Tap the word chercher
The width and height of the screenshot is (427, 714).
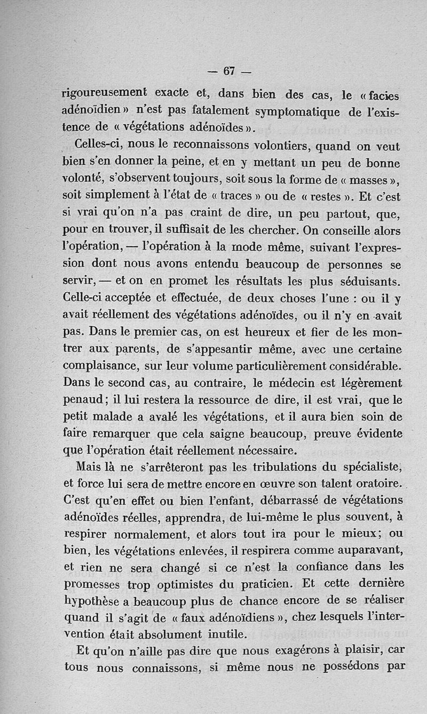point(266,230)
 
